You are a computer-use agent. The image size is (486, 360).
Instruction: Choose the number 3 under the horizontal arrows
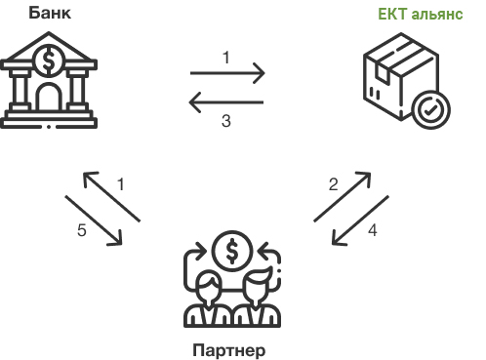point(226,122)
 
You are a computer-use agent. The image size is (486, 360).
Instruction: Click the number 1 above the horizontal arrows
point(226,57)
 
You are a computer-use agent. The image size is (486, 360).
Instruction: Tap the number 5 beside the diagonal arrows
point(82,231)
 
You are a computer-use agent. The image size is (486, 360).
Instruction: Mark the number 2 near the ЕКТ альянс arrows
point(333,184)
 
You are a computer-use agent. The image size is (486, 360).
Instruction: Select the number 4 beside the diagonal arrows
point(372,231)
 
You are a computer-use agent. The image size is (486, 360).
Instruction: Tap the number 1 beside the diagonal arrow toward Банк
point(121,183)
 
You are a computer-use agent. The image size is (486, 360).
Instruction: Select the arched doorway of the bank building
point(47,96)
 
